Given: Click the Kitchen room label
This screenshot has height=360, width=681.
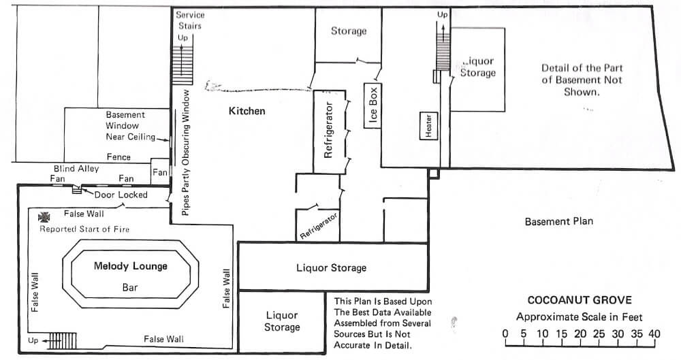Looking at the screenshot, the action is point(247,111).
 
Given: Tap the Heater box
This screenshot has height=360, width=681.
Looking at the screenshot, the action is point(428,126).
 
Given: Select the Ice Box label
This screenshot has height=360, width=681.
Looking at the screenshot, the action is point(373,105).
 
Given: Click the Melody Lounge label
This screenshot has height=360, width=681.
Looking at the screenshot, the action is point(130,266).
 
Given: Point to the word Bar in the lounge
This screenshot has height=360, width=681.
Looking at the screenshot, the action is point(130,287).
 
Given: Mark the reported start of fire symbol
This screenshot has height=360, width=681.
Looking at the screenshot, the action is point(44,216).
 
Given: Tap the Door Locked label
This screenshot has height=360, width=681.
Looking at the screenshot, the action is point(121,195).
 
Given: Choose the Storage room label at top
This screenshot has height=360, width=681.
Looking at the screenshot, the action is point(349,31).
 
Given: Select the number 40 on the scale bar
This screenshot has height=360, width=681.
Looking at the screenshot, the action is point(654,334).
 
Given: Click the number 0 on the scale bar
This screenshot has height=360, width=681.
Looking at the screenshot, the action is point(505,334).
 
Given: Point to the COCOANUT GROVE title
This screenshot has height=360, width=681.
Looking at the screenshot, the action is point(580,300).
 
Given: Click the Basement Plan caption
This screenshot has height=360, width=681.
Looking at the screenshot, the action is point(559,221).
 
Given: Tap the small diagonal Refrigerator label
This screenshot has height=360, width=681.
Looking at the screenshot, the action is point(319,226).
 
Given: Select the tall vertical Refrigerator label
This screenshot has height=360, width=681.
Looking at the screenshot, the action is point(328,130).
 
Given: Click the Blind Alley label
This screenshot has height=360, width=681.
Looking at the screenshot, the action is point(76,169).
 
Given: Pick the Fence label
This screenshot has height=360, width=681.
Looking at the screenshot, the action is point(118,157).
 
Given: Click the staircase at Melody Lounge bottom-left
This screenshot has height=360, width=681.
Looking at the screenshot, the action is point(62,341).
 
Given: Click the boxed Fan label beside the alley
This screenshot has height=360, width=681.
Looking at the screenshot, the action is point(160,172).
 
